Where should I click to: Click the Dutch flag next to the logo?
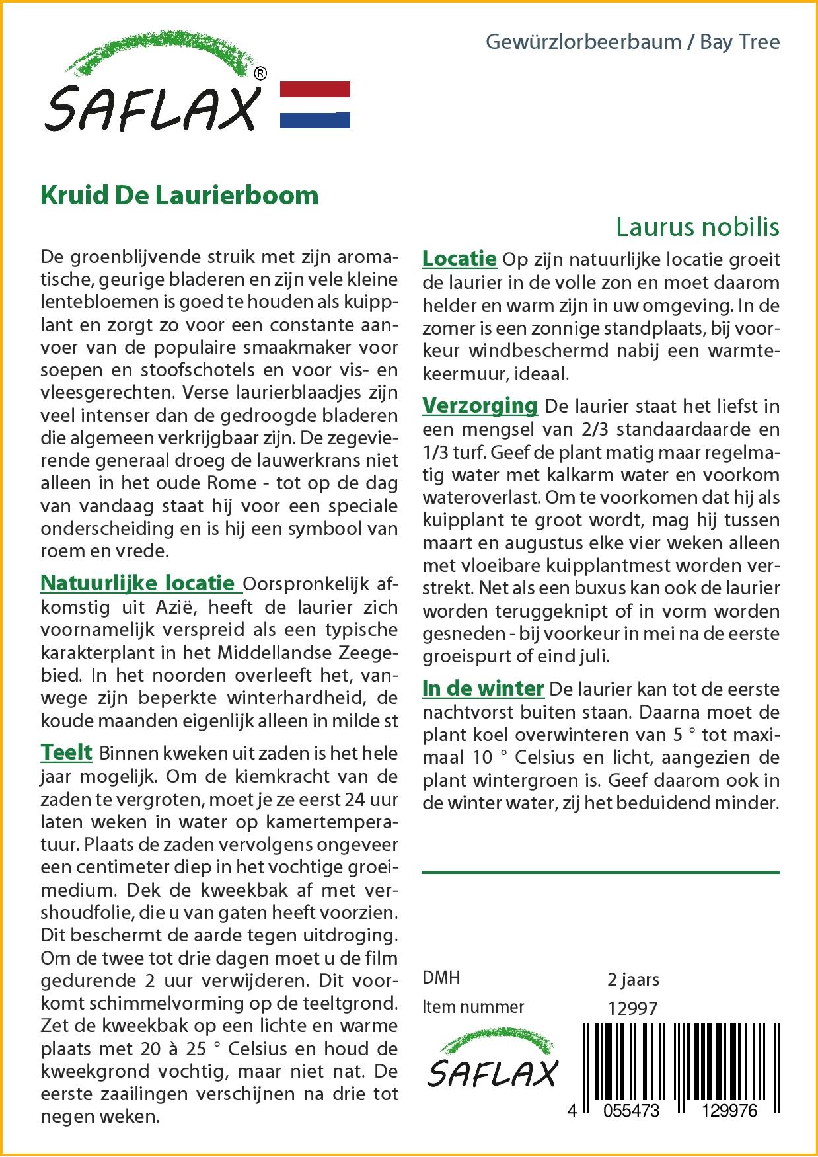click(x=315, y=104)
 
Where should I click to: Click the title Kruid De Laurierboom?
click(x=180, y=196)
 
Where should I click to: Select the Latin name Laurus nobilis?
click(x=697, y=227)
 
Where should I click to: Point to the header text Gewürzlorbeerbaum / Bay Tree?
click(x=632, y=42)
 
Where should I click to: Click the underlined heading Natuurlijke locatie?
click(x=137, y=583)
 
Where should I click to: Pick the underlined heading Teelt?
click(x=66, y=752)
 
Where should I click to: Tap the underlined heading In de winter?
click(x=483, y=688)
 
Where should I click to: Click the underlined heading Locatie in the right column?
click(x=459, y=259)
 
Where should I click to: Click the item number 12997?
click(x=632, y=1008)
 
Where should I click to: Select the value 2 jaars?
click(x=633, y=979)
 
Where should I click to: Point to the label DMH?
click(x=441, y=978)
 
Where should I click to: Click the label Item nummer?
click(x=473, y=1007)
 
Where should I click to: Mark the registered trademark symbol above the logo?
click(x=260, y=74)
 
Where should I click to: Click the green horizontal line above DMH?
click(x=600, y=873)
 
